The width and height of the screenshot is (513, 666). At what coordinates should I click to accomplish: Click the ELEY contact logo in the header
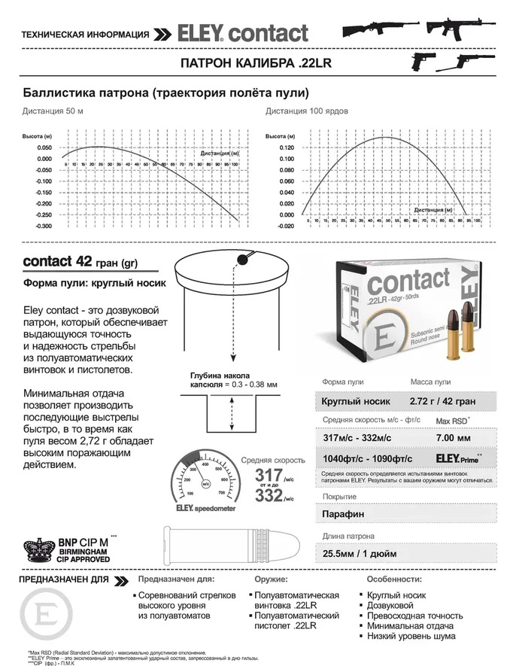(x=242, y=34)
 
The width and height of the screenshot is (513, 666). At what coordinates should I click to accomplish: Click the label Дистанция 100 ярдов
(x=306, y=111)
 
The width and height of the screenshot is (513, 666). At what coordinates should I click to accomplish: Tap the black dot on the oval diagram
(x=242, y=260)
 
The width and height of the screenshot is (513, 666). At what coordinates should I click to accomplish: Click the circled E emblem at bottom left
(x=46, y=615)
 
